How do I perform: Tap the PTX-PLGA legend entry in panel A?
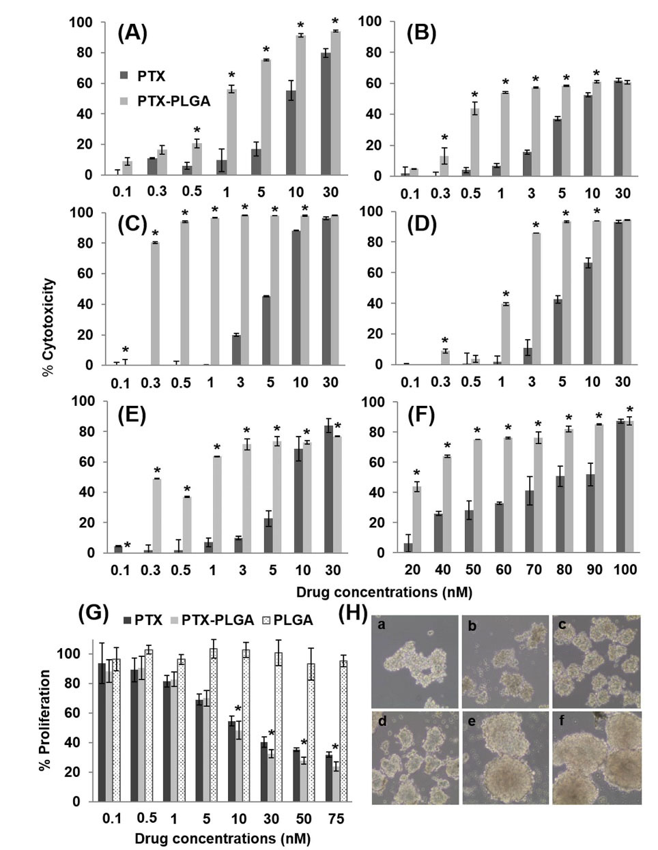point(164,102)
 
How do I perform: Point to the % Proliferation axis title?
point(45,721)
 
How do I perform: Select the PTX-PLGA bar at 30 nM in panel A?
point(335,103)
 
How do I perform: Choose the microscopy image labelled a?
point(414,661)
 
